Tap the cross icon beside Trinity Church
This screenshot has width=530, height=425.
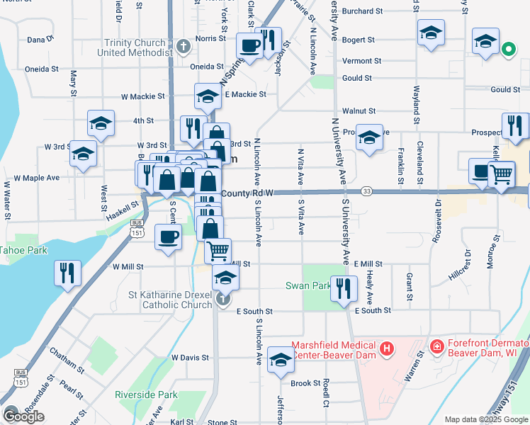point(184,47)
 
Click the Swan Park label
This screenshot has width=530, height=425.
point(309,286)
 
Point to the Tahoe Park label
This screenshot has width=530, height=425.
point(22,250)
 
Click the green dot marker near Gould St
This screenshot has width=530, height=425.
point(507,50)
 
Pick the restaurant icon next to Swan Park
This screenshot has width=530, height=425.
point(344,288)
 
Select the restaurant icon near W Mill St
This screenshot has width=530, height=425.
point(68,273)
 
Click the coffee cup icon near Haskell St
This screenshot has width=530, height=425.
point(169,237)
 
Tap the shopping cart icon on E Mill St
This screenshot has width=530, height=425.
point(218,249)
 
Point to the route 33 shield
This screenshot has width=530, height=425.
point(366,191)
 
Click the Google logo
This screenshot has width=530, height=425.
point(23,416)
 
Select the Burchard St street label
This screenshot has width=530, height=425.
point(362,11)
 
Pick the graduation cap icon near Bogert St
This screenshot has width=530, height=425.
point(430,34)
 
